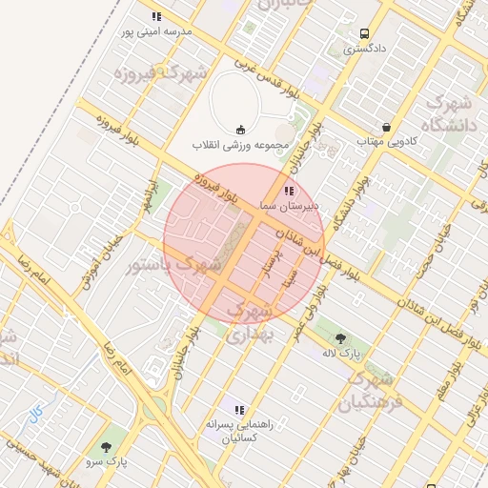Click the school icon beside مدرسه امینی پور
(156, 16)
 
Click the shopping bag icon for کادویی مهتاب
(386, 127)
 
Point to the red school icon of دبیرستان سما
(290, 192)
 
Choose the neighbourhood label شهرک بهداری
(253, 323)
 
